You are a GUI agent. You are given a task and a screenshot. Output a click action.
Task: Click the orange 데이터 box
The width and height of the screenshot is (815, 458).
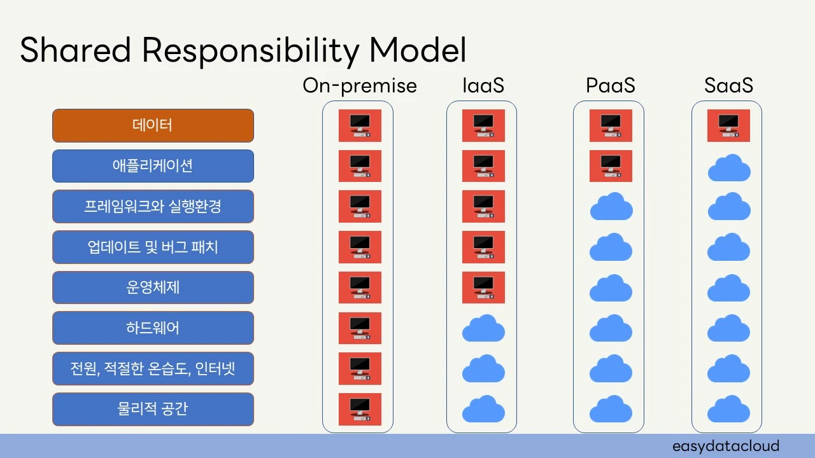(153, 125)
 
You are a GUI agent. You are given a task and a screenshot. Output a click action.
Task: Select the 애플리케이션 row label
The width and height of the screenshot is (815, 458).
(153, 166)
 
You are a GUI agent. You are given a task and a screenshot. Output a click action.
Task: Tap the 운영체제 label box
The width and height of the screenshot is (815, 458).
(153, 288)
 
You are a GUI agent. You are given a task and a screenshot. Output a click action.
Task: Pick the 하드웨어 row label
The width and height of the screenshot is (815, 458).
(153, 328)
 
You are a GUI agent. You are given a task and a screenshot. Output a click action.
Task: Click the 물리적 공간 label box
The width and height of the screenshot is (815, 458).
(153, 409)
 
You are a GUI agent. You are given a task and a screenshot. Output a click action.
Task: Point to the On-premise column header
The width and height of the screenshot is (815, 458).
(360, 86)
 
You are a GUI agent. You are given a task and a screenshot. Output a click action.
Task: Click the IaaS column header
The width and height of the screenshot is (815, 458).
(483, 86)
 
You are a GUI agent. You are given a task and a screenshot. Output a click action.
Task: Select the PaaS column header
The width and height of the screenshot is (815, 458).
(610, 86)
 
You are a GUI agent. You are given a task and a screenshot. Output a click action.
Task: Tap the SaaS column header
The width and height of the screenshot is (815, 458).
(728, 86)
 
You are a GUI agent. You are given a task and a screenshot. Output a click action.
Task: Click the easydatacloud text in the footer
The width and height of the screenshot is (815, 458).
(726, 446)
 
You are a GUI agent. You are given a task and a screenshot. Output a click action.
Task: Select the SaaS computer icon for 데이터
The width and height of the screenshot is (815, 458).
(728, 125)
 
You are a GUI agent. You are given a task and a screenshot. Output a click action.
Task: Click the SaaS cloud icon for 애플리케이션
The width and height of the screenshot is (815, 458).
(728, 168)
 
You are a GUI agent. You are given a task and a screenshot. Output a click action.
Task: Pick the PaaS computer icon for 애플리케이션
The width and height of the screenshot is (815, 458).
(610, 166)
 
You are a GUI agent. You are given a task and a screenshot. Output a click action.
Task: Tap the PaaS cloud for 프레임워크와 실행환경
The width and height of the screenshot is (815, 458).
(611, 207)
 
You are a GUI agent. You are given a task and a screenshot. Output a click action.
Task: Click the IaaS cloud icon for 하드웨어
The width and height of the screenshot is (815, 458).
(483, 329)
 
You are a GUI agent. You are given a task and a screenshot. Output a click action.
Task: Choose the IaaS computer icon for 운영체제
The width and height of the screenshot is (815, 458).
(483, 288)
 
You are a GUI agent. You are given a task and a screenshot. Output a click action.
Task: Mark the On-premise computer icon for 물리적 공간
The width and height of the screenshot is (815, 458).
(360, 409)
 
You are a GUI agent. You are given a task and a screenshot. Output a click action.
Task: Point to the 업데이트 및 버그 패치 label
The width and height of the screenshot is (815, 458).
(153, 247)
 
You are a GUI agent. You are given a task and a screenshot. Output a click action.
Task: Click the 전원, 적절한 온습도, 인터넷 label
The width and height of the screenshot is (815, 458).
(153, 368)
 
